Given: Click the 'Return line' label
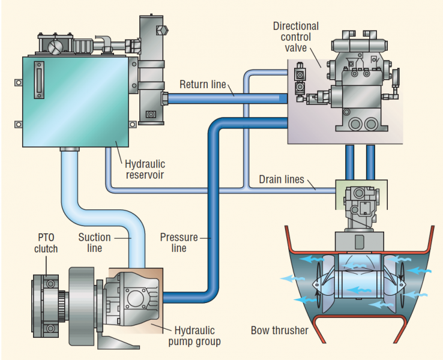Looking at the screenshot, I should (x=202, y=84).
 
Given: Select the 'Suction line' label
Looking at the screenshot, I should (x=94, y=242).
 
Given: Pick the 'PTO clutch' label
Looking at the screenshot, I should (x=46, y=243).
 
